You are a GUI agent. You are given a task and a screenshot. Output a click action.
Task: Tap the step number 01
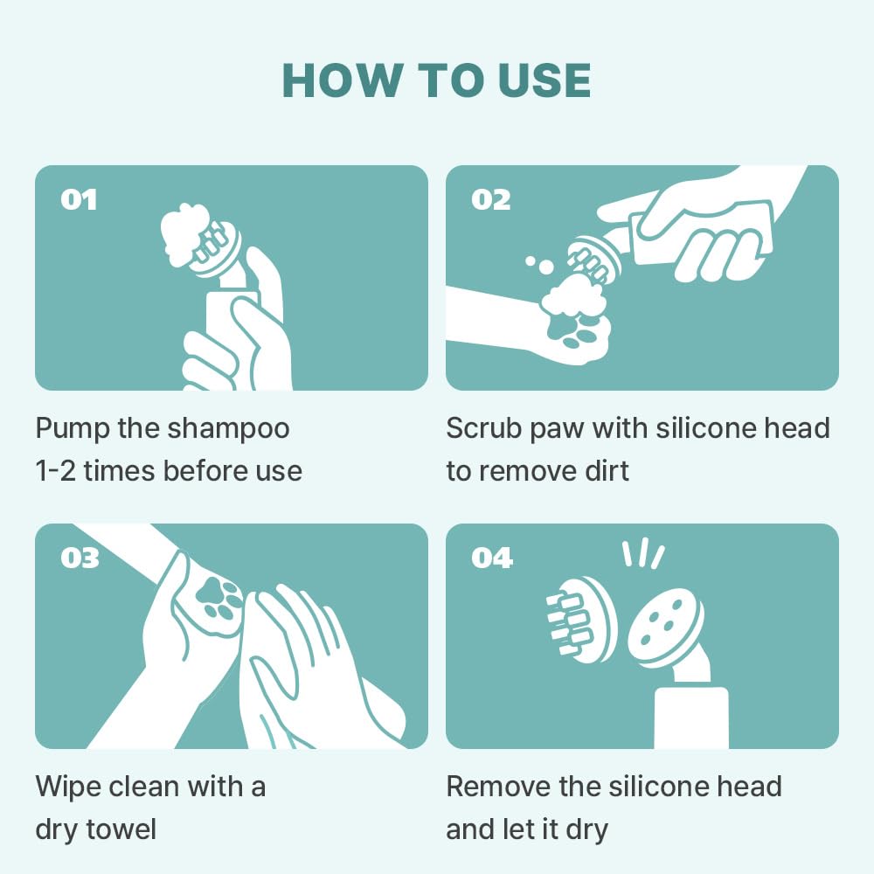coord(79,199)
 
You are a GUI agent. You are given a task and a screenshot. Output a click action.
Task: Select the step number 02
coord(490,199)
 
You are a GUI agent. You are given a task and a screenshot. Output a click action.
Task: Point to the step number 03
coord(80,558)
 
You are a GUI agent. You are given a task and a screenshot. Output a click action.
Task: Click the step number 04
coord(491,558)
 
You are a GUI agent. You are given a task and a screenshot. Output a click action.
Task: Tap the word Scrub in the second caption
coord(484,428)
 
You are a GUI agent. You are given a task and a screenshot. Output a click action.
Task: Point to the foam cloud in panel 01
coord(184,233)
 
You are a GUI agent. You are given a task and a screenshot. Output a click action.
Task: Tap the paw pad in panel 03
coord(218,600)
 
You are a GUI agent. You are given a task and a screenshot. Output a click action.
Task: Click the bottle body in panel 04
coord(690,718)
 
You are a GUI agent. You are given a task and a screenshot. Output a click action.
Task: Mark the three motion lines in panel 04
coord(643,553)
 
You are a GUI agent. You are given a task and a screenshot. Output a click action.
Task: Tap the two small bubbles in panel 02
coord(540,264)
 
